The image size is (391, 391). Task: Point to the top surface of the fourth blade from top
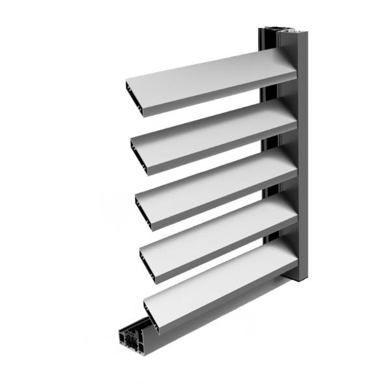(222, 225)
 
